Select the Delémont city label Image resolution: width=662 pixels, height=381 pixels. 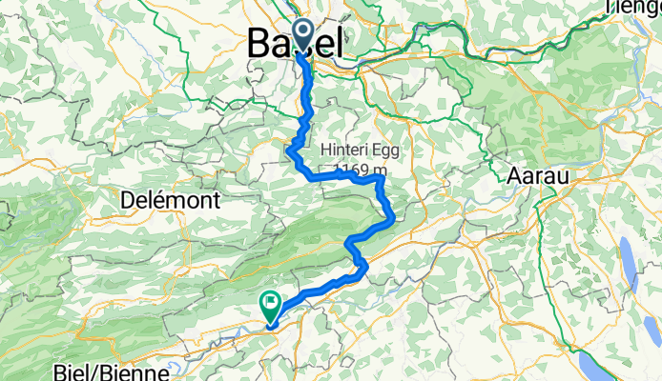pos(171,201)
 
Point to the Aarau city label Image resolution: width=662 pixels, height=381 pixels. pos(536,178)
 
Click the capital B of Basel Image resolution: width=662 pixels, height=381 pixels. pos(259,43)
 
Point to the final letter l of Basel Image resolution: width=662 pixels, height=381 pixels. pos(339,43)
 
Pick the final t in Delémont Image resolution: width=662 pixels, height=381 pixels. pos(217,201)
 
